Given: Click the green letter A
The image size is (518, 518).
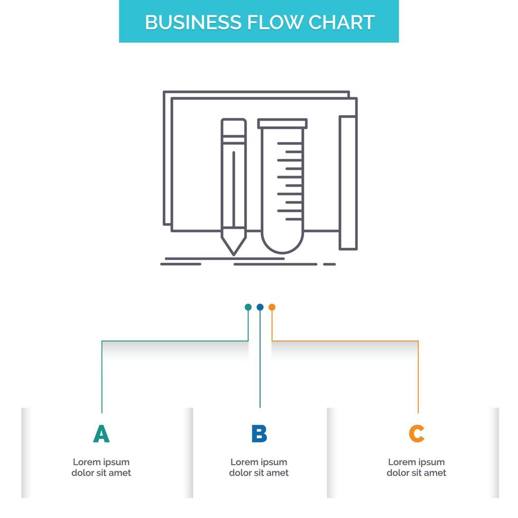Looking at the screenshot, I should click(x=101, y=433).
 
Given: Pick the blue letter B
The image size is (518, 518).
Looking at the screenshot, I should click(x=259, y=433).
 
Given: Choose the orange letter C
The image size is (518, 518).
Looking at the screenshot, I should click(x=417, y=433).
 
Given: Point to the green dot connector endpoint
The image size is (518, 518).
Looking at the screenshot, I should click(x=248, y=307).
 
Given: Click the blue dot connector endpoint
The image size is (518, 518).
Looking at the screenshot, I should click(x=260, y=307).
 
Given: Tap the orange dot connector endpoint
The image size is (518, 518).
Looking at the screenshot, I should click(x=272, y=307).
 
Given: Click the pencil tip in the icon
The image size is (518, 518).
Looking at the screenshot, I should click(x=233, y=248).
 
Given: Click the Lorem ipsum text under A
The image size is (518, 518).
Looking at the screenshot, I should click(x=101, y=467).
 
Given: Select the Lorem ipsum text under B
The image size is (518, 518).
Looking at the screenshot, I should click(x=259, y=467).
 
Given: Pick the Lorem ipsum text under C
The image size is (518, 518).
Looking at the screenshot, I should click(x=417, y=467).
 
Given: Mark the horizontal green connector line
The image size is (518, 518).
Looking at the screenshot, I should click(x=174, y=341).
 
